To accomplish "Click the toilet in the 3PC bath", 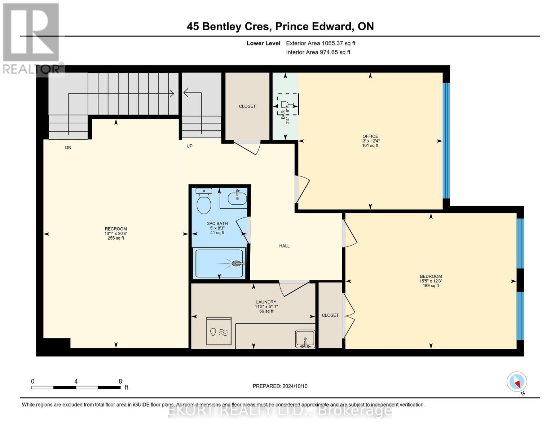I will [x=204, y=202].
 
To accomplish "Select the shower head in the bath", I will [x=237, y=263].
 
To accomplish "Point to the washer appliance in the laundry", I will [x=219, y=331].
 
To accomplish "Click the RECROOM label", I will [x=116, y=229].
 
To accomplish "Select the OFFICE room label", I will [x=370, y=136].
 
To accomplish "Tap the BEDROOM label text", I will [x=431, y=276].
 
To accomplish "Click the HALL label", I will [x=284, y=246].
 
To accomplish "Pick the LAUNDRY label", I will [x=266, y=302].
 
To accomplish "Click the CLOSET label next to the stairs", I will [x=247, y=106].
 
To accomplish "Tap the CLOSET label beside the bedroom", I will [x=330, y=315].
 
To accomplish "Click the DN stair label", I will [x=68, y=147].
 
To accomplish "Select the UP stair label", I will [x=189, y=146].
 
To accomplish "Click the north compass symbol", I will [x=517, y=382].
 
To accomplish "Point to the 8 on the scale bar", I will [x=120, y=381].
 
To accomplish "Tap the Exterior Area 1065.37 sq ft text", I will [x=321, y=43].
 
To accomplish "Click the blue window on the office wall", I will [x=446, y=141].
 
